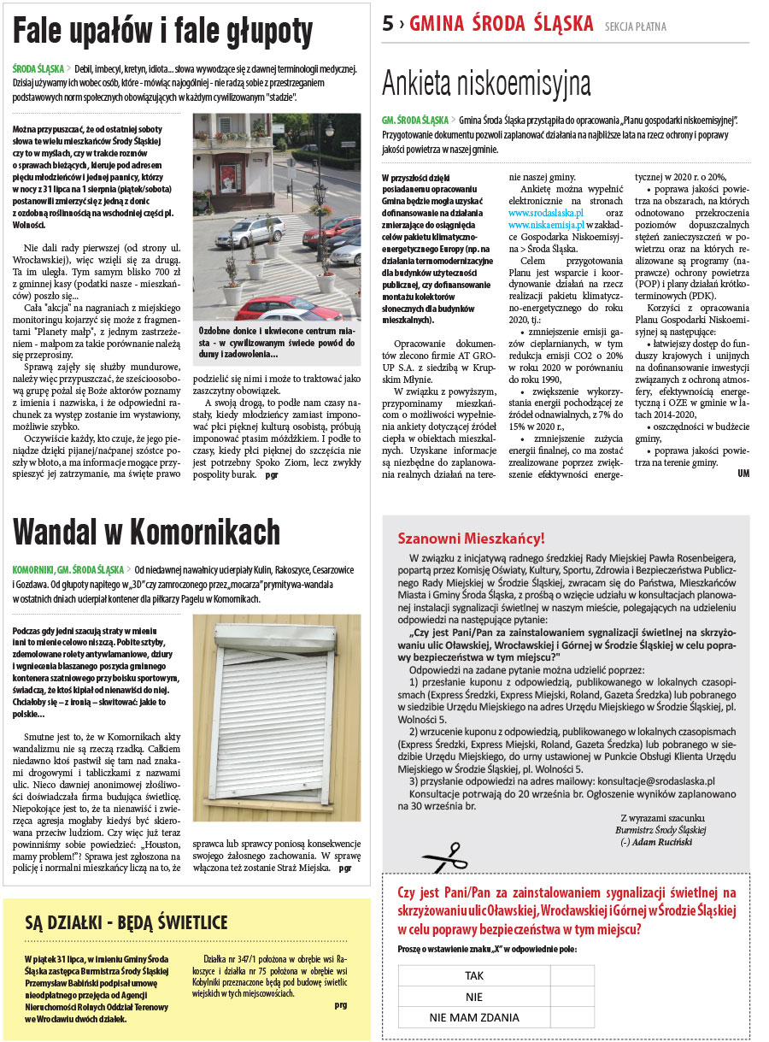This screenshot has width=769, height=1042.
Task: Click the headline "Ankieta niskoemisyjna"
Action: pyautogui.click(x=486, y=84)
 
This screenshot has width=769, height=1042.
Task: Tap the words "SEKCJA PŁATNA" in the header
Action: pyautogui.click(x=635, y=26)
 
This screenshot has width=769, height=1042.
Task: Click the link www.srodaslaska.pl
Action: pyautogui.click(x=546, y=213)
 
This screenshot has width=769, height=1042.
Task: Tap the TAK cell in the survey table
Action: pyautogui.click(x=474, y=975)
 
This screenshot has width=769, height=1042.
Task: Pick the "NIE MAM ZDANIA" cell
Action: pyautogui.click(x=474, y=1017)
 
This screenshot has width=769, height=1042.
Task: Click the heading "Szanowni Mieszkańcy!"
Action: pyautogui.click(x=471, y=539)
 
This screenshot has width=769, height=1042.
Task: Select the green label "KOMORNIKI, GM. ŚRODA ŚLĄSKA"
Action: pyautogui.click(x=67, y=569)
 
